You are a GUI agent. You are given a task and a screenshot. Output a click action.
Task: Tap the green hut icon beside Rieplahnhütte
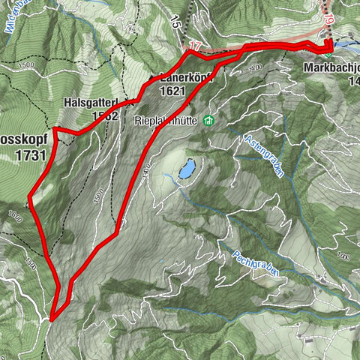pos(208,119)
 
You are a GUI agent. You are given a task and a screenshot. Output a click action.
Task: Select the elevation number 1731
pos(29,155)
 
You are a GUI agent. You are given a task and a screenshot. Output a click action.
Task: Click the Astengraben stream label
pos(263,155)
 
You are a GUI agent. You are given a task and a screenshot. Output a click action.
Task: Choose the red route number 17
pos(193,47)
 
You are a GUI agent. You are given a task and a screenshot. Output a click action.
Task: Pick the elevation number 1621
pos(177,90)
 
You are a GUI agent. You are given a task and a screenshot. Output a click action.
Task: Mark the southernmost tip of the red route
pos(52,318)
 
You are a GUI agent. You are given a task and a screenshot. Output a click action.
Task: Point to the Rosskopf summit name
pos(22,140)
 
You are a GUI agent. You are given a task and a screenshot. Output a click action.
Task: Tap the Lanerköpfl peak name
pos(186,76)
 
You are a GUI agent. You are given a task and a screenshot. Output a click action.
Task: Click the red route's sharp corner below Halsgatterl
pos(55,129)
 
